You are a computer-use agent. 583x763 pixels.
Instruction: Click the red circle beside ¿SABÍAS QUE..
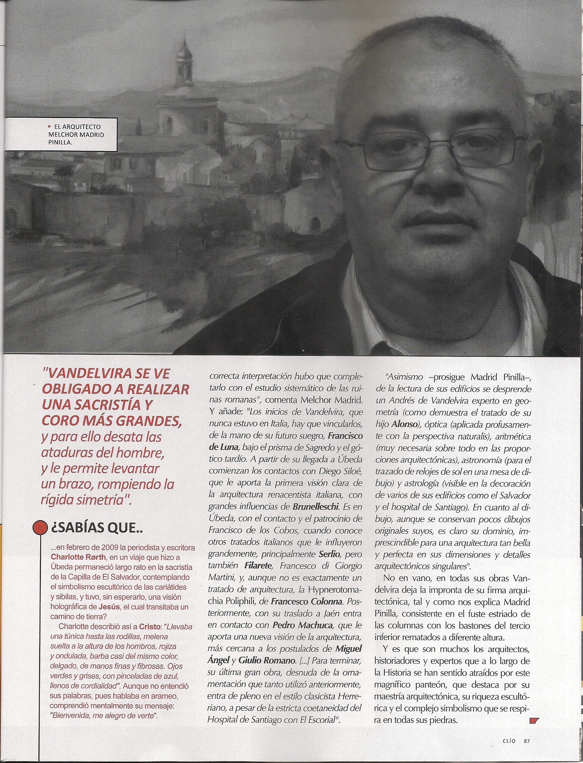pyautogui.click(x=40, y=529)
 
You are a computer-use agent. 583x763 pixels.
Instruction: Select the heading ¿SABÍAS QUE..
pyautogui.click(x=97, y=530)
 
